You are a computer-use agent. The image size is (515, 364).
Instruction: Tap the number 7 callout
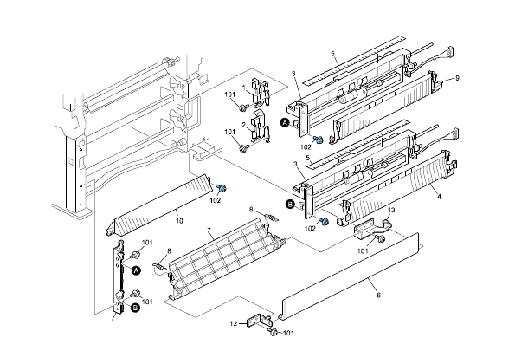pyautogui.click(x=209, y=231)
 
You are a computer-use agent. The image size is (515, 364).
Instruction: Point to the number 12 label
pyautogui.click(x=232, y=323)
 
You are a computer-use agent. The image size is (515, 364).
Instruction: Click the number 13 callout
pyautogui.click(x=391, y=211)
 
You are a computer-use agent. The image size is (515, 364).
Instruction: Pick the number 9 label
pyautogui.click(x=456, y=79)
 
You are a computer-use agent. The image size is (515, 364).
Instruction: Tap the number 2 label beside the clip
pyautogui.click(x=243, y=127)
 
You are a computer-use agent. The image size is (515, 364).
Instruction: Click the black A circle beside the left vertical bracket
pyautogui.click(x=135, y=270)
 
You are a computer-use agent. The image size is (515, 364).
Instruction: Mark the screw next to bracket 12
pyautogui.click(x=273, y=331)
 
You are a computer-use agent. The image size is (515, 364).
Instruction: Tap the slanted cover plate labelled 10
pyautogui.click(x=156, y=204)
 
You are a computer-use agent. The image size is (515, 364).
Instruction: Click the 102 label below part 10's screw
pyautogui.click(x=216, y=201)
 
